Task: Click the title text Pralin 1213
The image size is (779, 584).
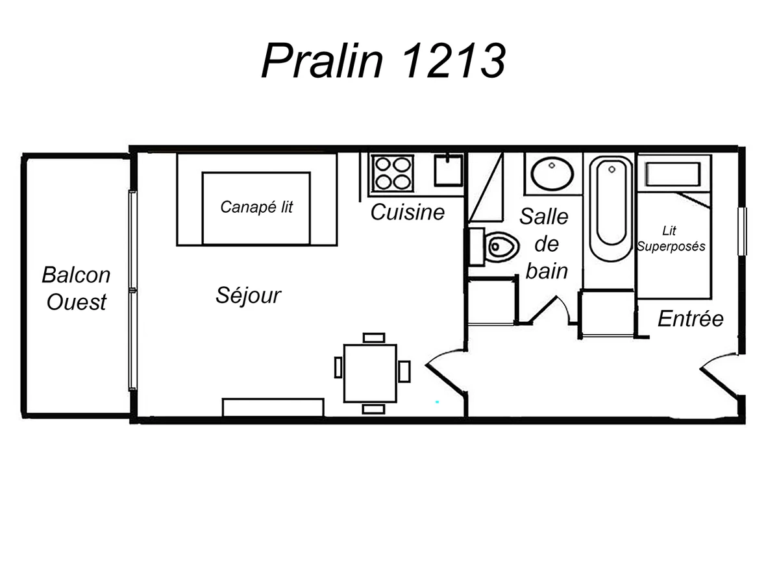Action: pos(383,62)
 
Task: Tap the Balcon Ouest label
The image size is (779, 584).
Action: pos(76,288)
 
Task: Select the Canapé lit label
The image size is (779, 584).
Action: pos(256,207)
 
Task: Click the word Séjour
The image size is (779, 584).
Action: pos(248,296)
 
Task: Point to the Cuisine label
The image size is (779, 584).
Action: pos(408,212)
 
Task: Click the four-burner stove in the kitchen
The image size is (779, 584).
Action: pos(391,172)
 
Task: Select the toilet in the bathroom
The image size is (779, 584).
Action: pos(501,246)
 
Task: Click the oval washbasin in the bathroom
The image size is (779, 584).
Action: pos(552,173)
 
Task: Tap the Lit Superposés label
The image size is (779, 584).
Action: pos(671,239)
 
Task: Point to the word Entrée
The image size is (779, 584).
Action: pos(690,319)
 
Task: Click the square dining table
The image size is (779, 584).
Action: pos(370,373)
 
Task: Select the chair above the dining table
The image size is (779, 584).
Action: pos(374,337)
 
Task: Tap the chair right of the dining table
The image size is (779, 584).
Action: pos(404,371)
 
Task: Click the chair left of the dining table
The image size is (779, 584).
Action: pos(338,367)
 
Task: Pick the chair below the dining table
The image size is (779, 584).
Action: pos(374,409)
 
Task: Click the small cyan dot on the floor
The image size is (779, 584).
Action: pos(438,402)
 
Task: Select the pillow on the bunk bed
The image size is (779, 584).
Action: pos(673,174)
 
